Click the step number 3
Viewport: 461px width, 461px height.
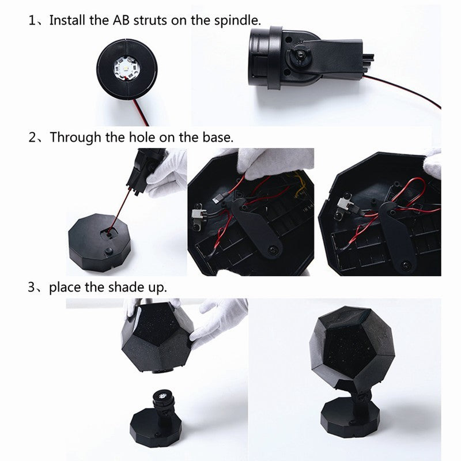(32, 287)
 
